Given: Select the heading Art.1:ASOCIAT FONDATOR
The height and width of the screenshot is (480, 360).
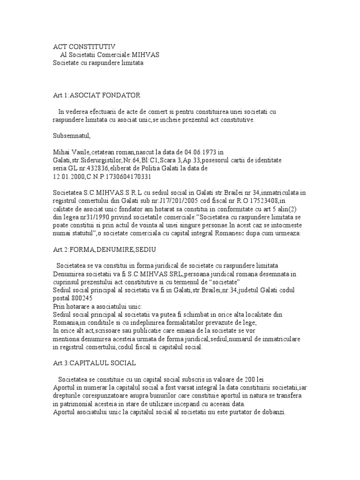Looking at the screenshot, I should (x=97, y=95).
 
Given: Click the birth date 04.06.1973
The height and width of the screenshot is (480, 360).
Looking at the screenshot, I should (x=202, y=152).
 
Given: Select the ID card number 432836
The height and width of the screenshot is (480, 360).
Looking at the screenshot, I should (x=96, y=168).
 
